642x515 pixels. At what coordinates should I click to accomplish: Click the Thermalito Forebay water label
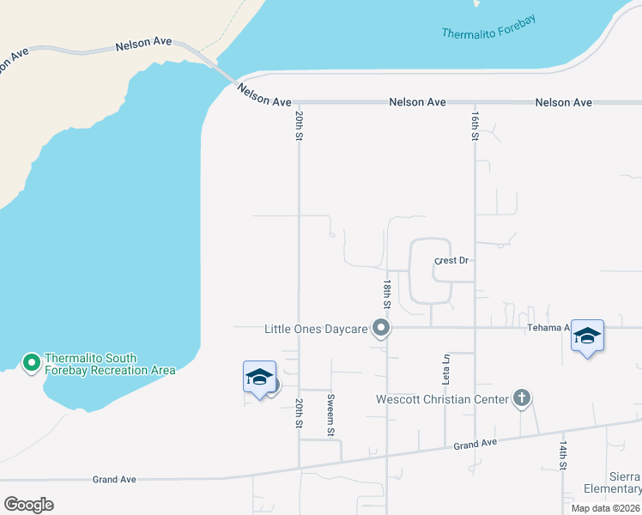[x=488, y=27]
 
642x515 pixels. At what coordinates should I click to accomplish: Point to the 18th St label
[x=388, y=294]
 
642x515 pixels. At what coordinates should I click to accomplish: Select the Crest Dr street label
[x=455, y=260]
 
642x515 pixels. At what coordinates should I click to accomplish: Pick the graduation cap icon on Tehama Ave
[x=588, y=336]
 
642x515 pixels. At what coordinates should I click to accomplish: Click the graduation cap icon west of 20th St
[x=259, y=377]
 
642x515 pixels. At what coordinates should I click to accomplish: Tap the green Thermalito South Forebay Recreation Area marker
[x=32, y=363]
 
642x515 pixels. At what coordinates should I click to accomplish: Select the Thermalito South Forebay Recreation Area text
[x=109, y=365]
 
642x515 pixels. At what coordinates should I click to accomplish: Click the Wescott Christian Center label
[x=442, y=399]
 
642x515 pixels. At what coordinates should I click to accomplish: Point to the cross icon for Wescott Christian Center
[x=521, y=398]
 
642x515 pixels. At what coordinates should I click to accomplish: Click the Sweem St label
[x=330, y=415]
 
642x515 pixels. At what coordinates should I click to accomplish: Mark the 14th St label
[x=563, y=457]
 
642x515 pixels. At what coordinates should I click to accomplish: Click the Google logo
[x=28, y=505]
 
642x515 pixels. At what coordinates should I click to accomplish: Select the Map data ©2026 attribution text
[x=605, y=508]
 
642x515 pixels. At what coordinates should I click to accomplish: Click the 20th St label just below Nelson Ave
[x=300, y=124]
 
